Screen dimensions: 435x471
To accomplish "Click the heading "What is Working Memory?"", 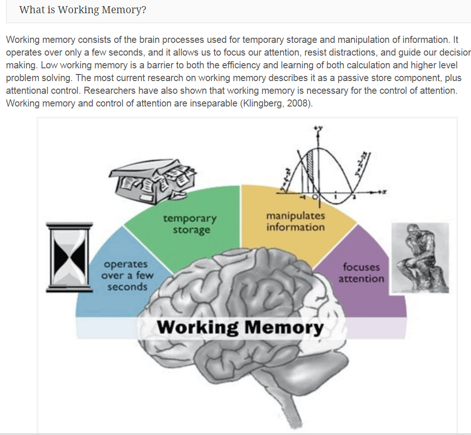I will point(83,10).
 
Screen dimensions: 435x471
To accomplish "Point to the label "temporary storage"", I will point(190,224).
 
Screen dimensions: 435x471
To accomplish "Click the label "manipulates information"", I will point(295,221).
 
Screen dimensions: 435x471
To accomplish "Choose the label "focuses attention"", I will point(361,273).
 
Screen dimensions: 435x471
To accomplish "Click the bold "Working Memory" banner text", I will point(240,327).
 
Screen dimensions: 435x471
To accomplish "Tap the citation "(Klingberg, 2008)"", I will point(276,104).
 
